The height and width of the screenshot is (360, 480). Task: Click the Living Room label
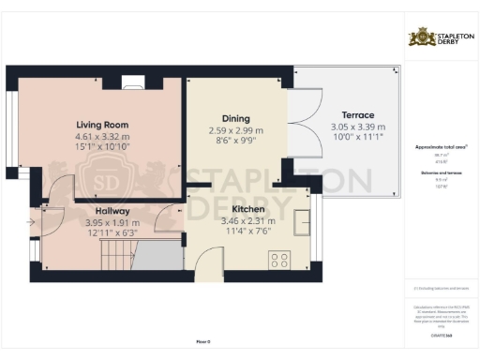[102, 125]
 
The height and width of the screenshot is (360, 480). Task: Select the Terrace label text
[356, 114]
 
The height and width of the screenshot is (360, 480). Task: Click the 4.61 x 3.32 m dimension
[102, 137]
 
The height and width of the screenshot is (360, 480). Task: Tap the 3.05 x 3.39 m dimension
[356, 127]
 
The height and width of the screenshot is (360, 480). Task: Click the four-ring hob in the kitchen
[279, 257]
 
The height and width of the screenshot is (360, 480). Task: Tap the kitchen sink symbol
[303, 222]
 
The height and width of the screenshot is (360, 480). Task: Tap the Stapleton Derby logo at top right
[440, 37]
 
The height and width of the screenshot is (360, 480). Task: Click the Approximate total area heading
[442, 148]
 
